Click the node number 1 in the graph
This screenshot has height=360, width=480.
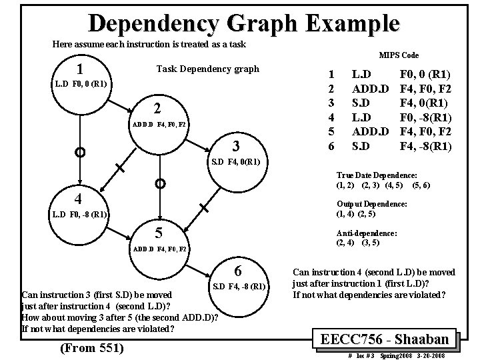coord(79,69)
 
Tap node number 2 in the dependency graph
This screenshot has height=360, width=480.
coord(157,109)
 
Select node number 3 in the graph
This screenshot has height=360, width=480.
coord(235,146)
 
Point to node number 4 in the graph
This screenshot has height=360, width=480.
coord(79,199)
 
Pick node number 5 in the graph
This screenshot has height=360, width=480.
coord(157,233)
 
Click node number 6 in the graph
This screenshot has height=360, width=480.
coord(237,271)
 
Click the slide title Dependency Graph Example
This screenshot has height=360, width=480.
coord(244,23)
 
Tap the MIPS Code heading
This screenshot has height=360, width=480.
coord(399,55)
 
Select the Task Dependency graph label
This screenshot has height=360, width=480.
coord(207,69)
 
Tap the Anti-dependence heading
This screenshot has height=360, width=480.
coord(367,233)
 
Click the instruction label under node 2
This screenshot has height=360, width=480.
coord(159,125)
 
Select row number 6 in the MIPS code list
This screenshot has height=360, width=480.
coord(327,145)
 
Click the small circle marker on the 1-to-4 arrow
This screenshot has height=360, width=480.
coord(79,153)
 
